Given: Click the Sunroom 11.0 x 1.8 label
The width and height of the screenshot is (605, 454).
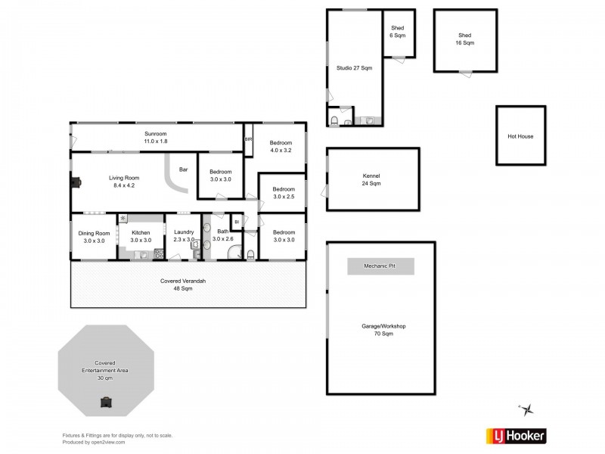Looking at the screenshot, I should tap(156, 137).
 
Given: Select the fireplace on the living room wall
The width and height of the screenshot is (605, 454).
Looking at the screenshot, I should tap(76, 181).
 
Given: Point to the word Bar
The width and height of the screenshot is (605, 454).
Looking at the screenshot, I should tap(183, 169).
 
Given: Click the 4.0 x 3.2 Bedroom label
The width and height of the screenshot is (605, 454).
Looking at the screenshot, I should tap(281, 146).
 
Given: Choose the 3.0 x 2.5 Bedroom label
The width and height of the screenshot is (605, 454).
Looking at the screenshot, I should tap(284, 192).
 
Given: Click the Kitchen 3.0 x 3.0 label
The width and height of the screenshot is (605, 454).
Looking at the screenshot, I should tap(141, 236).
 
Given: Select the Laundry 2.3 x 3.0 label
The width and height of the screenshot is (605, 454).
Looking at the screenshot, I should tap(184, 236).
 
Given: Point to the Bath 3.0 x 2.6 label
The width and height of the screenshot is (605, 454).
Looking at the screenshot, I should tap(222, 235).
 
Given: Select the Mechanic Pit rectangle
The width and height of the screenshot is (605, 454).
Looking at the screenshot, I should tap(380, 267).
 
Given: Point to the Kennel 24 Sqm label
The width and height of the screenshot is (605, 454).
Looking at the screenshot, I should tap(371, 179).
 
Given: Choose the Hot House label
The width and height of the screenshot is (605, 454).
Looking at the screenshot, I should tap(520, 137).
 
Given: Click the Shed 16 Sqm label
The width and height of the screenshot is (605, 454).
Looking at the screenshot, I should tap(465, 39).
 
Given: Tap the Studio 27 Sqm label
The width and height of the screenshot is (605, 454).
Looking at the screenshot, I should tap(354, 69).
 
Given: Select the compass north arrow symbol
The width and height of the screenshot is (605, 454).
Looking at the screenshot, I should tap(528, 409).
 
